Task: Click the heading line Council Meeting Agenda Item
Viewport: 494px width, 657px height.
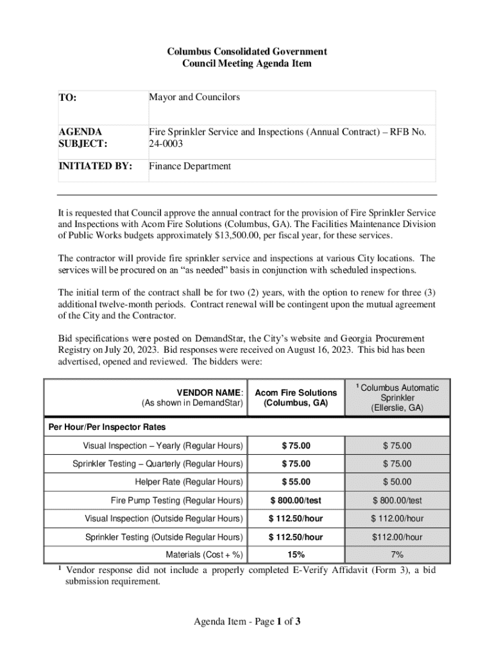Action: click(x=247, y=64)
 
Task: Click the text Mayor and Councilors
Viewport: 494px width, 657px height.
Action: click(x=194, y=97)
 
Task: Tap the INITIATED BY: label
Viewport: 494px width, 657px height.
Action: click(x=96, y=166)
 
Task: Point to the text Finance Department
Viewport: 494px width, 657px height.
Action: click(x=190, y=166)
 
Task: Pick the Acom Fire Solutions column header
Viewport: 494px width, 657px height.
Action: click(x=296, y=398)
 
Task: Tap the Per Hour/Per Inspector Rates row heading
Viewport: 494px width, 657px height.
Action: click(x=107, y=427)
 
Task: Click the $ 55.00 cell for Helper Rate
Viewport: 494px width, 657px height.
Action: click(x=296, y=482)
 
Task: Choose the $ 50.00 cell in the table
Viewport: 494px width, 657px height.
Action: click(x=397, y=482)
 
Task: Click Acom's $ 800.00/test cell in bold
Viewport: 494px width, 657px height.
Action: click(x=296, y=500)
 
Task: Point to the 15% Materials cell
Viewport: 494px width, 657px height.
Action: click(x=296, y=555)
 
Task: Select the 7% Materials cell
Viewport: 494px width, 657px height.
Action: click(x=397, y=555)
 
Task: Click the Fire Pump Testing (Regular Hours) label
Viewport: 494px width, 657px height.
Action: click(x=177, y=500)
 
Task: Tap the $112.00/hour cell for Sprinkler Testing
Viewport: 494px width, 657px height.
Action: click(x=397, y=537)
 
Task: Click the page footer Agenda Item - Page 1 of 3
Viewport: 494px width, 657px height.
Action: click(x=247, y=621)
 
